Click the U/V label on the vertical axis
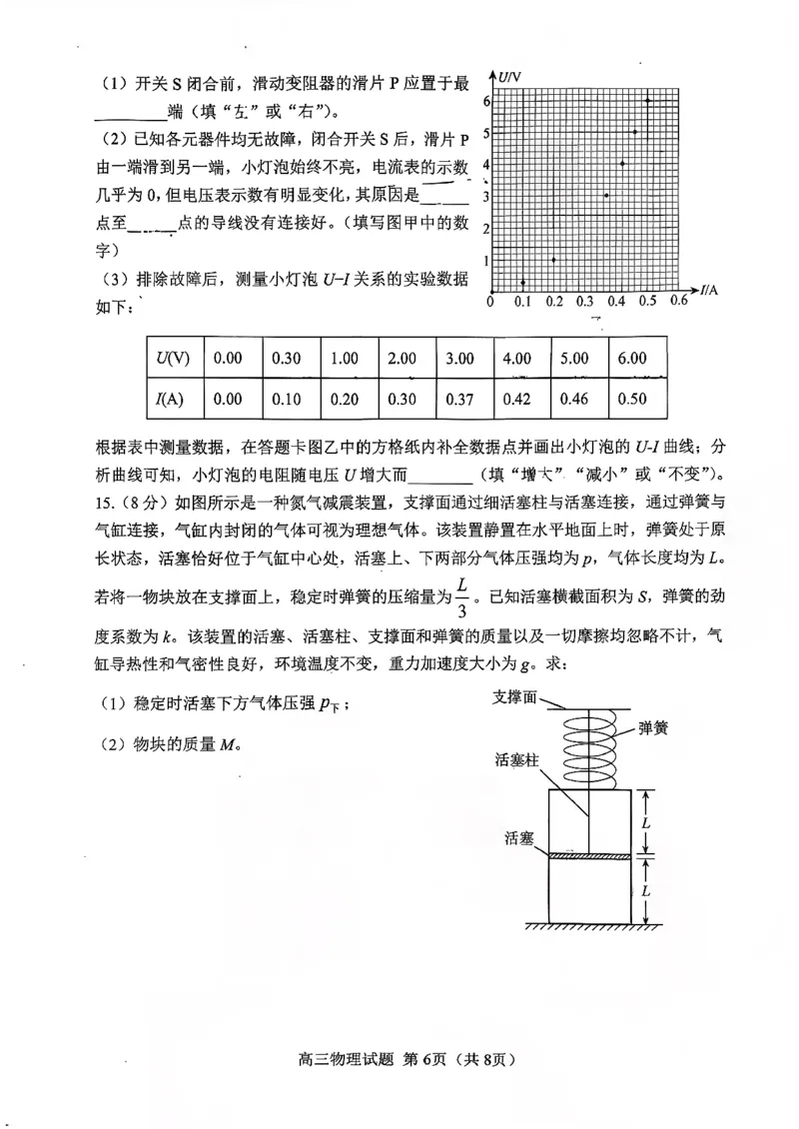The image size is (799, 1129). click(x=511, y=77)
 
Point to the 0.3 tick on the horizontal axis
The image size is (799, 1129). click(x=586, y=301)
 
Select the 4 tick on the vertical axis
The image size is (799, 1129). click(x=485, y=164)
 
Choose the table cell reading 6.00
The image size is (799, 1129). click(x=632, y=358)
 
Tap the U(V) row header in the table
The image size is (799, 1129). click(x=173, y=358)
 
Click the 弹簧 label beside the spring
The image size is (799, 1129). click(x=654, y=729)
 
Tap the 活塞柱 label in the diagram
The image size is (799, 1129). click(x=517, y=761)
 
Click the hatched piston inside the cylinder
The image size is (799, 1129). click(x=590, y=855)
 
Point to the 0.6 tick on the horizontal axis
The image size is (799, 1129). click(x=679, y=301)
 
